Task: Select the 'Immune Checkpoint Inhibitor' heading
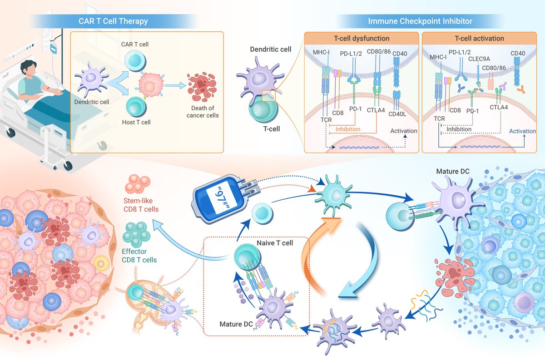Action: [420, 21]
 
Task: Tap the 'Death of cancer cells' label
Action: [205, 111]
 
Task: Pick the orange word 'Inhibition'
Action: [348, 129]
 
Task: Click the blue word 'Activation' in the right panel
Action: [522, 131]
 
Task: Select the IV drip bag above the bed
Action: [54, 47]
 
